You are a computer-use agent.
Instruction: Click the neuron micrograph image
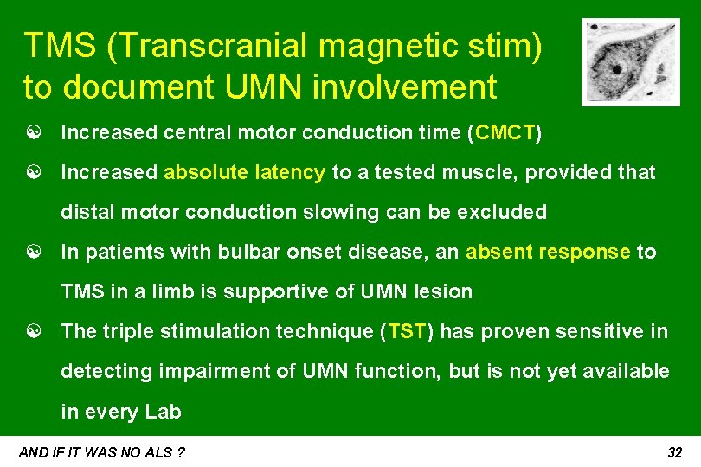click(x=630, y=62)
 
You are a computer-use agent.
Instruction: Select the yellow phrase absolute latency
click(x=244, y=173)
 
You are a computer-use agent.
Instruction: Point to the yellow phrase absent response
click(x=548, y=253)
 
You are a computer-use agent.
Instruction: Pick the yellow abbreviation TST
click(x=405, y=332)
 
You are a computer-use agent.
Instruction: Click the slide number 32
click(x=676, y=452)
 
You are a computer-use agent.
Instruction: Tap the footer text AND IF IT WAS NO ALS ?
click(x=102, y=452)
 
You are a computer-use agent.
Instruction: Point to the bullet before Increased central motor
click(x=31, y=134)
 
